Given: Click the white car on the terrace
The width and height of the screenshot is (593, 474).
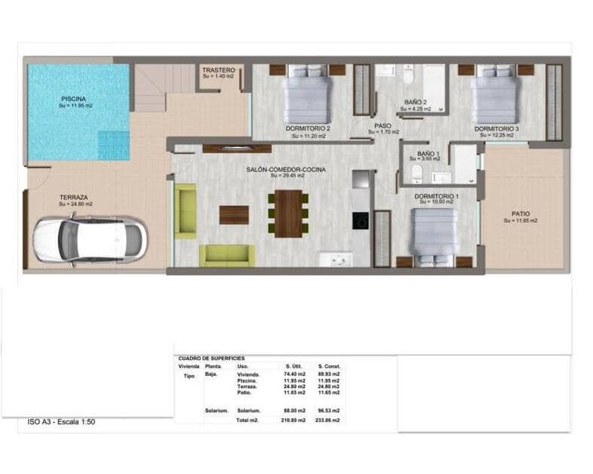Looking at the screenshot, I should click(89, 239).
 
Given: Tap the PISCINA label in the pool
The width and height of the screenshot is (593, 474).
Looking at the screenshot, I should click(73, 99).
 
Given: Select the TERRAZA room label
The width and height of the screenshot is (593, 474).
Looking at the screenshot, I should click(74, 197).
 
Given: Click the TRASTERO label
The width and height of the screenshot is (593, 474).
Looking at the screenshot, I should click(219, 70).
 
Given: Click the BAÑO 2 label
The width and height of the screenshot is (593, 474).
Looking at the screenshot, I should click(415, 102).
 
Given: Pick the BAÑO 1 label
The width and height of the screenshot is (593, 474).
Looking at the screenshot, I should click(427, 154).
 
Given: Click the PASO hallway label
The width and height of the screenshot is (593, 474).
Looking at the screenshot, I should click(383, 126).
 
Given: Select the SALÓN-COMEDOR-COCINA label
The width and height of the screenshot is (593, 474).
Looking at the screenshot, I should click(286, 170).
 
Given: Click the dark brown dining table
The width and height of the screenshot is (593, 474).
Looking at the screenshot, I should click(288, 214).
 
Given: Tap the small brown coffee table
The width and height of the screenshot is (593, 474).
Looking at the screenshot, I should click(234, 215).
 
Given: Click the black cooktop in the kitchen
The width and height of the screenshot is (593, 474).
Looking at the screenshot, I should click(361, 220).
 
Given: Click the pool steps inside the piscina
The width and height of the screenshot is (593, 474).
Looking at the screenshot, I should click(114, 145).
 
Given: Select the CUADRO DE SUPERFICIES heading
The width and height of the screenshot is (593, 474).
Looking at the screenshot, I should click(211, 359).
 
